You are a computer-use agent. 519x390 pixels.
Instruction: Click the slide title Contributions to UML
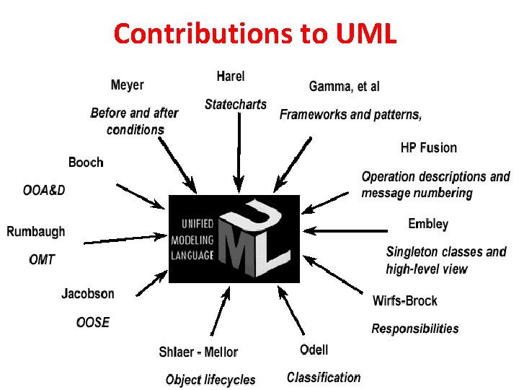(x=255, y=33)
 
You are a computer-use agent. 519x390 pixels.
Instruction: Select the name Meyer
(x=127, y=85)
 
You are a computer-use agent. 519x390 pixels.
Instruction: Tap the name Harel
(x=231, y=76)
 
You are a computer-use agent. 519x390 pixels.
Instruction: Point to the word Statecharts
(x=236, y=105)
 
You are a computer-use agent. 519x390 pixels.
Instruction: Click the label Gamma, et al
(x=344, y=87)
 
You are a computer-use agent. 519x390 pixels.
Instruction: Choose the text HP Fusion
(x=428, y=148)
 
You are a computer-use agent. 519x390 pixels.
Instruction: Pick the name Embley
(x=428, y=224)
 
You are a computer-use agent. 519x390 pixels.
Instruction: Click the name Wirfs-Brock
(x=405, y=300)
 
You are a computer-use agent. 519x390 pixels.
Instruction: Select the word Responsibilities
(x=414, y=329)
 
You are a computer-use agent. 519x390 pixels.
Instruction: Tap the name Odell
(x=314, y=350)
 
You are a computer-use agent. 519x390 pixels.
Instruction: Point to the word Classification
(x=324, y=377)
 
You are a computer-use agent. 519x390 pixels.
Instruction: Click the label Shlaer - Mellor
(x=198, y=352)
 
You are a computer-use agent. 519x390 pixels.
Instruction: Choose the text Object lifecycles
(x=210, y=379)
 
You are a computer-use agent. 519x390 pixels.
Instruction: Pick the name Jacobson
(x=88, y=294)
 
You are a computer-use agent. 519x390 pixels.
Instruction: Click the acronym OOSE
(x=93, y=322)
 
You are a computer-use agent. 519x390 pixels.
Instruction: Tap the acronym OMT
(x=42, y=259)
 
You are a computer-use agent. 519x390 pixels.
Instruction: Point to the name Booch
(x=86, y=162)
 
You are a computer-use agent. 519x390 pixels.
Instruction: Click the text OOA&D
(x=44, y=190)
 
